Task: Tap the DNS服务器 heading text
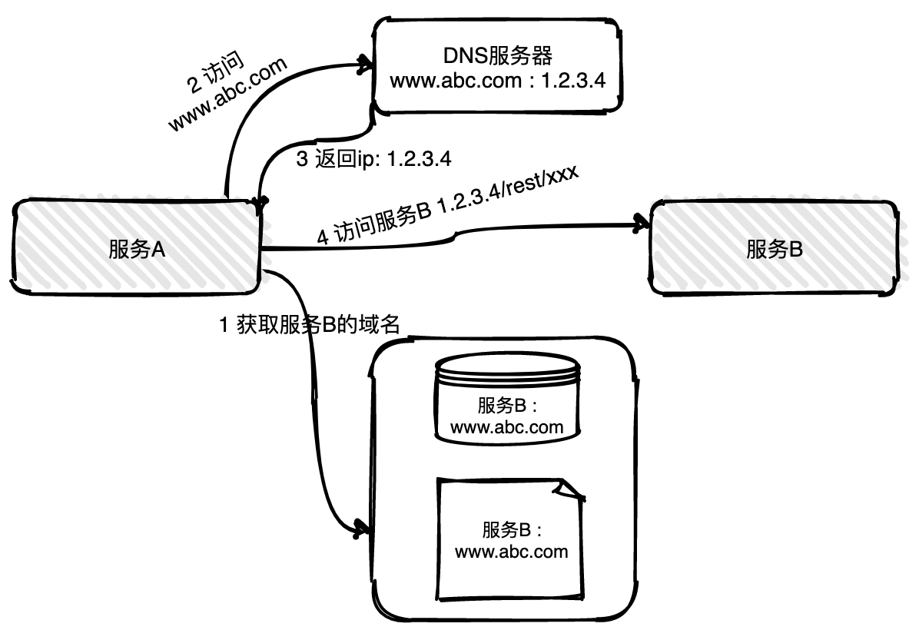click(499, 56)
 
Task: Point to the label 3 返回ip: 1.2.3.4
click(373, 160)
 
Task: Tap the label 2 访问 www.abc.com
click(227, 94)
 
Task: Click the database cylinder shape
click(506, 400)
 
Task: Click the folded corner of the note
click(572, 489)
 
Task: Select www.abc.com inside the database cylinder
click(506, 427)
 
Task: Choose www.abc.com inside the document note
click(511, 552)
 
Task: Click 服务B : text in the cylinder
click(508, 406)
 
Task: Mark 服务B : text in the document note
click(512, 530)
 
